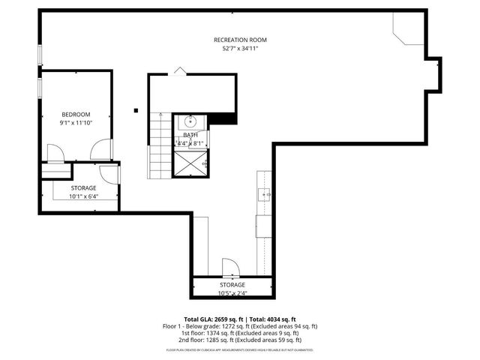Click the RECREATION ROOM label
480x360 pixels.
pyautogui.click(x=240, y=40)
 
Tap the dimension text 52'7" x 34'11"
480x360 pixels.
pyautogui.click(x=240, y=49)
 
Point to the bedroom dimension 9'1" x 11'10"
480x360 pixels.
pyautogui.click(x=75, y=122)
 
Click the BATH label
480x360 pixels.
pyautogui.click(x=190, y=135)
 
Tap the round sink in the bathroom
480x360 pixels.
pyautogui.click(x=190, y=121)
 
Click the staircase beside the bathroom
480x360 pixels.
pyautogui.click(x=160, y=146)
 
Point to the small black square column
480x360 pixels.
pyautogui.click(x=136, y=110)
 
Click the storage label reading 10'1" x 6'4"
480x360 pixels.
pyautogui.click(x=83, y=196)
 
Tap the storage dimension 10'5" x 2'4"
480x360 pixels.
pyautogui.click(x=232, y=294)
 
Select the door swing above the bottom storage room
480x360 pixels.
pyautogui.click(x=229, y=268)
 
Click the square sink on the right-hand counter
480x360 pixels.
pyautogui.click(x=265, y=194)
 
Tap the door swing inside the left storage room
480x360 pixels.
pyautogui.click(x=109, y=174)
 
